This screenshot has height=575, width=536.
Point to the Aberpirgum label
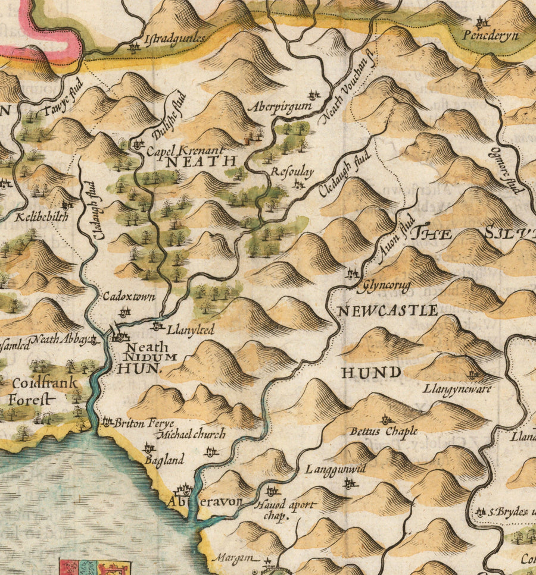click(279, 106)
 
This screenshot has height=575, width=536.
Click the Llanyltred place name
click(191, 328)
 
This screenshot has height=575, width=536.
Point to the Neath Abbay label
click(58, 340)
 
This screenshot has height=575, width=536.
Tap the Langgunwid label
click(335, 470)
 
